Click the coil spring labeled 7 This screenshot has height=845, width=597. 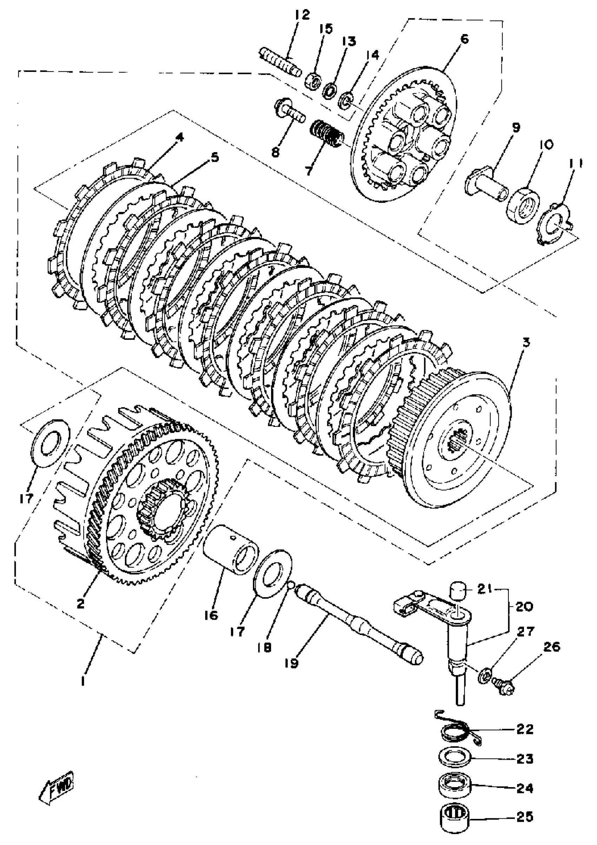click(x=327, y=135)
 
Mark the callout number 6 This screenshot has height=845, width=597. click(x=465, y=39)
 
